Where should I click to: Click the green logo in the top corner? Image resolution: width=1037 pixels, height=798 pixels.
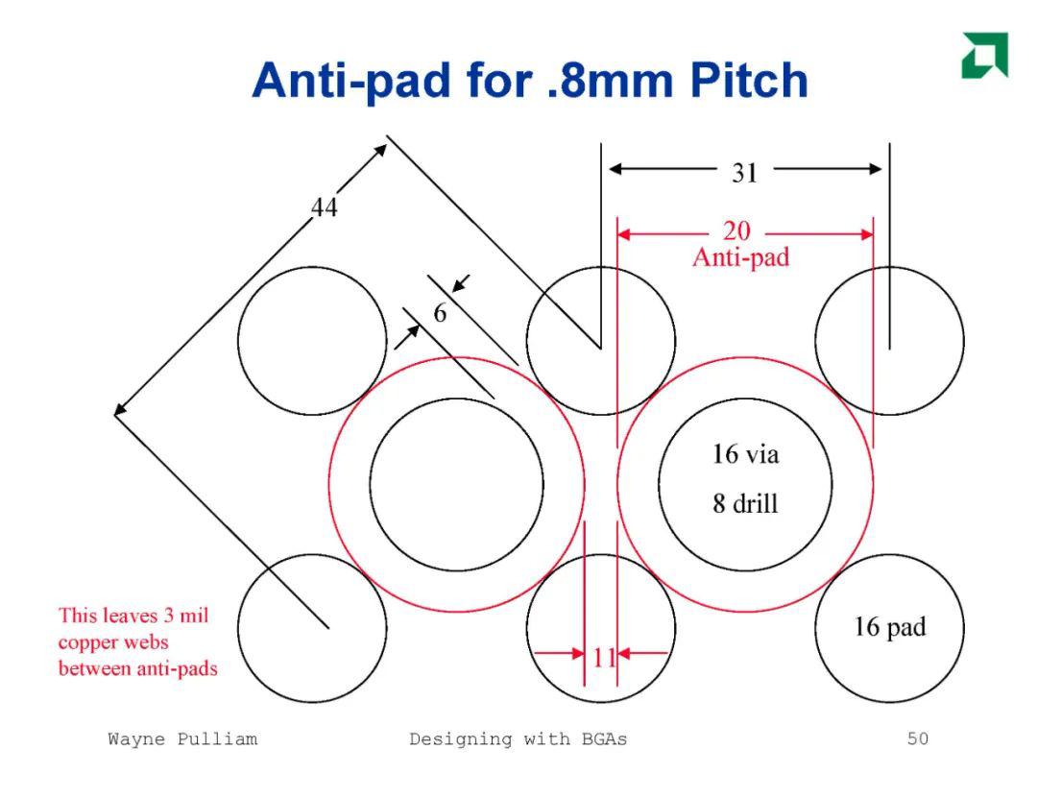pyautogui.click(x=985, y=55)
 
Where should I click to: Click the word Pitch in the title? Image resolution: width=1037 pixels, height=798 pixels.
pyautogui.click(x=749, y=81)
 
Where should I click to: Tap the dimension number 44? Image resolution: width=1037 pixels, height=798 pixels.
pyautogui.click(x=325, y=207)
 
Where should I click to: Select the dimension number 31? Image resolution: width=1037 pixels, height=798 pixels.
pyautogui.click(x=745, y=173)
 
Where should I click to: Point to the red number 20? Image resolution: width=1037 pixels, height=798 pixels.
pyautogui.click(x=736, y=230)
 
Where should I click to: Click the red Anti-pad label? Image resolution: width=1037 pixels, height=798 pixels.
pyautogui.click(x=740, y=256)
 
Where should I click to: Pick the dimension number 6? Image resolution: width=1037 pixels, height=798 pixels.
pyautogui.click(x=440, y=312)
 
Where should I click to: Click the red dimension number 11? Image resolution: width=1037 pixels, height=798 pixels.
pyautogui.click(x=604, y=658)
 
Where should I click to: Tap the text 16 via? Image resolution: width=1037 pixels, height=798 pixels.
pyautogui.click(x=745, y=454)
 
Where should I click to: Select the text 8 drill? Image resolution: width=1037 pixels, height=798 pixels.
pyautogui.click(x=745, y=503)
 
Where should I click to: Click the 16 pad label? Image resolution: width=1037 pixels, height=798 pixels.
pyautogui.click(x=889, y=626)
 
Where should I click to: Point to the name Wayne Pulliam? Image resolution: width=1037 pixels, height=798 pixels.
pyautogui.click(x=182, y=738)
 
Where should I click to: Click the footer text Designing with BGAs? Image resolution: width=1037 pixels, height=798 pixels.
pyautogui.click(x=518, y=738)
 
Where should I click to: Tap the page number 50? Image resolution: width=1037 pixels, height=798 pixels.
pyautogui.click(x=918, y=738)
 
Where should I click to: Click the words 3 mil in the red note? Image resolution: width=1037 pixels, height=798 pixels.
pyautogui.click(x=186, y=616)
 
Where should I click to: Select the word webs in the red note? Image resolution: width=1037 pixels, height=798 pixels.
pyautogui.click(x=148, y=641)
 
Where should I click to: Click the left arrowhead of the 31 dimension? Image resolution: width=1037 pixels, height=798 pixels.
pyautogui.click(x=615, y=169)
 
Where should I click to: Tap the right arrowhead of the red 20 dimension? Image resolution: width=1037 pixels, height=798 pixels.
pyautogui.click(x=866, y=234)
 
